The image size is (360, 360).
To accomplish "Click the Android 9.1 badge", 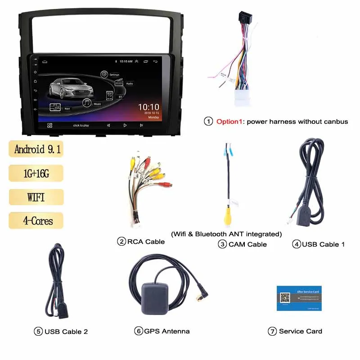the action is (36, 149).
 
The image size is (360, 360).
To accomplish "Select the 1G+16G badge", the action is (36, 173).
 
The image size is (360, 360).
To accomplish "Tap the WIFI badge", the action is (36, 197).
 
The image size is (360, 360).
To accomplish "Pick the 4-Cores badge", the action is (36, 220).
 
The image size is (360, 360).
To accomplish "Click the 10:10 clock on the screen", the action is (148, 107).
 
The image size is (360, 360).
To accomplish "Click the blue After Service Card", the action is (299, 297).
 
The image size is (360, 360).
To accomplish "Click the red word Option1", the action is (230, 121).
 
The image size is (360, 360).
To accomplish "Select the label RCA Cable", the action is (146, 242).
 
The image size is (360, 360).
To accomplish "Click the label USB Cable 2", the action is (66, 332).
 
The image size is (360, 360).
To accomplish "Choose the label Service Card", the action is (300, 331).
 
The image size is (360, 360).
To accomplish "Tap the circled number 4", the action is (296, 244).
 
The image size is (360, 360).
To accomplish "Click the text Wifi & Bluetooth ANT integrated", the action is (226, 234).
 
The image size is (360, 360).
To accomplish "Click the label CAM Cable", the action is (247, 244).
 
